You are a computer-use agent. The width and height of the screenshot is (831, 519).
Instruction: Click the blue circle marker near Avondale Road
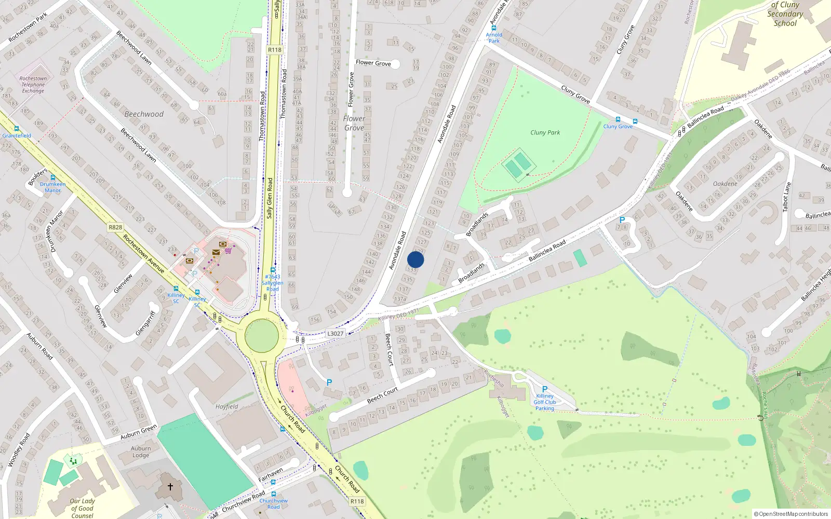click(415, 259)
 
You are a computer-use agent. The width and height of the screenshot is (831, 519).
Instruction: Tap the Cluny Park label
click(545, 132)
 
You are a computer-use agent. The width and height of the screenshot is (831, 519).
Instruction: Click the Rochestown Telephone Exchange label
click(33, 85)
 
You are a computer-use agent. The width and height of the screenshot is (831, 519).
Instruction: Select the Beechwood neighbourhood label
click(144, 114)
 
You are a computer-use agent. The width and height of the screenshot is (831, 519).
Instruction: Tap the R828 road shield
click(115, 227)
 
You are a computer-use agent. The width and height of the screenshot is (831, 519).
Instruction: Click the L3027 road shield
click(336, 333)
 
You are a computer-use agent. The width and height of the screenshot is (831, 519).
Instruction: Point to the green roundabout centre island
click(261, 335)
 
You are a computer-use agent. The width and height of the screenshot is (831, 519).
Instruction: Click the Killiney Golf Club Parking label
click(544, 402)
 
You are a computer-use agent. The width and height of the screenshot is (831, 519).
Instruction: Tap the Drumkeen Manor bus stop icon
click(52, 177)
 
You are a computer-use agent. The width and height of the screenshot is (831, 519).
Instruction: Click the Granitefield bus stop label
click(17, 135)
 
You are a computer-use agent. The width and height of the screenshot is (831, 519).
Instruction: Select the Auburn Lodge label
click(141, 452)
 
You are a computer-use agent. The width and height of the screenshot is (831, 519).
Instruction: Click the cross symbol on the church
click(170, 487)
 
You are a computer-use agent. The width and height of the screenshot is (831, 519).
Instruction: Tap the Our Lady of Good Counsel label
click(82, 508)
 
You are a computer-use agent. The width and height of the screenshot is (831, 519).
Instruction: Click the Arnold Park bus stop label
click(494, 38)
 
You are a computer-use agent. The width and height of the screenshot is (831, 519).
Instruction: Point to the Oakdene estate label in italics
click(725, 184)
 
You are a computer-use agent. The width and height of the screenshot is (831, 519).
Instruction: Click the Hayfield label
click(227, 406)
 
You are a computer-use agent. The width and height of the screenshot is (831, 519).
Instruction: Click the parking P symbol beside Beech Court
click(329, 383)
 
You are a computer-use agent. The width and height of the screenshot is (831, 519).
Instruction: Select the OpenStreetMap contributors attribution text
click(790, 514)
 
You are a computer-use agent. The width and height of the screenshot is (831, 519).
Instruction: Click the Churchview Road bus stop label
click(274, 503)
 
